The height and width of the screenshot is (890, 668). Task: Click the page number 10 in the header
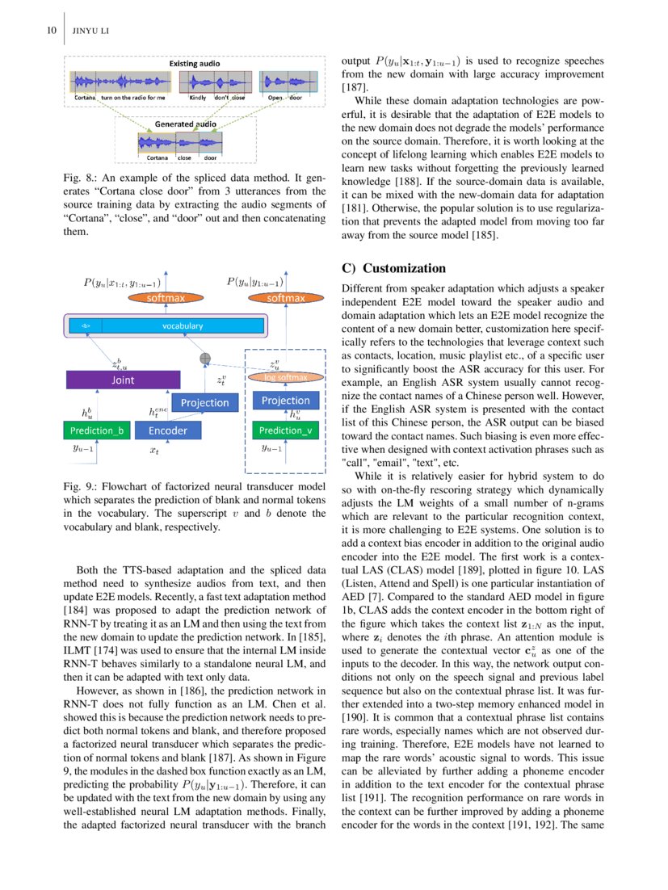[50, 31]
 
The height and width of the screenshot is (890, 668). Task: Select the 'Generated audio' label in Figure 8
[185, 124]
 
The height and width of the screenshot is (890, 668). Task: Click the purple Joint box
[122, 379]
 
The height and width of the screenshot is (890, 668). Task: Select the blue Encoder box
[167, 430]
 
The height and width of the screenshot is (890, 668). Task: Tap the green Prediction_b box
[96, 430]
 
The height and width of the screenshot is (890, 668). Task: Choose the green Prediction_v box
[285, 430]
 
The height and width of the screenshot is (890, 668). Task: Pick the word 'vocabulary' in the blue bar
[182, 325]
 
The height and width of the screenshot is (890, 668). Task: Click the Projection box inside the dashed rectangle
[285, 401]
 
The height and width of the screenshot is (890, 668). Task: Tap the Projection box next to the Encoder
[204, 402]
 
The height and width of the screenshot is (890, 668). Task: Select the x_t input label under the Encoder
[154, 451]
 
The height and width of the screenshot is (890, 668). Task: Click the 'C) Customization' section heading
[393, 268]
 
